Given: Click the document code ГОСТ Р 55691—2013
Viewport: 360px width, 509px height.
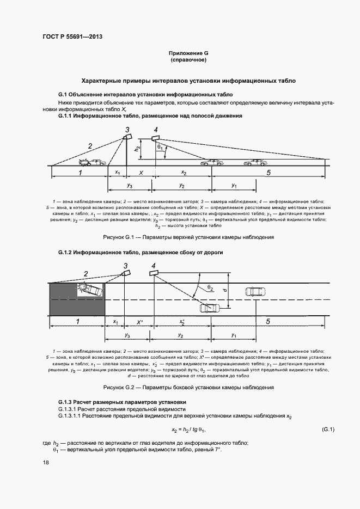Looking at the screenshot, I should click(72, 37).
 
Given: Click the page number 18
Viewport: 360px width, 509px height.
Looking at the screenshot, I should click(46, 463).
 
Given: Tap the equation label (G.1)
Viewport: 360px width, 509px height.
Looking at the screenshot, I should click(328, 430).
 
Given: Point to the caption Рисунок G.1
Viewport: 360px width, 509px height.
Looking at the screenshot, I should click(188, 237).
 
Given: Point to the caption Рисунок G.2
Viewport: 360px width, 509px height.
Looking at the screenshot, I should click(188, 387).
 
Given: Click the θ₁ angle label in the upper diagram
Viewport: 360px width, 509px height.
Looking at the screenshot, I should click(160, 148).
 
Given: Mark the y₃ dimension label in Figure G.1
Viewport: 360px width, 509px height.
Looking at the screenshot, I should click(129, 186).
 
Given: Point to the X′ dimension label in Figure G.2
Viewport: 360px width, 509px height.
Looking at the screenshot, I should click(139, 322).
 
